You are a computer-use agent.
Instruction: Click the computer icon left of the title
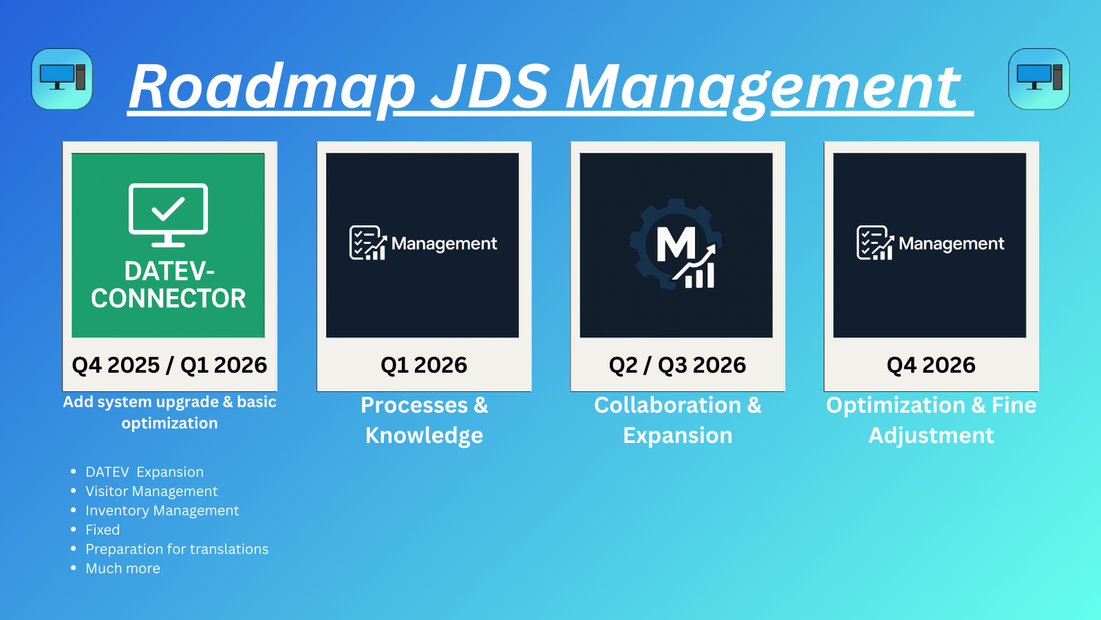pos(62,79)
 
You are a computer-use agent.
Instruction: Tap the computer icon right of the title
pos(1038,79)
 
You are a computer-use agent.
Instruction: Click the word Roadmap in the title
pos(272,87)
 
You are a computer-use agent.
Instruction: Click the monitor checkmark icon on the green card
pos(168,214)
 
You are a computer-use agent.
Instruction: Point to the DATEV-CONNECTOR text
pos(168,285)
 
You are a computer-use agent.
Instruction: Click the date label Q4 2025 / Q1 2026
pos(169,364)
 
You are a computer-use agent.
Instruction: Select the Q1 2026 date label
pos(424,364)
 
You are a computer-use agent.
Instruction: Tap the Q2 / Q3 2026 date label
pos(677,364)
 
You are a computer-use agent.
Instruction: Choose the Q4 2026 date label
pos(931,364)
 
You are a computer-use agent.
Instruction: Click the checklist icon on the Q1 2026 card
pos(367,243)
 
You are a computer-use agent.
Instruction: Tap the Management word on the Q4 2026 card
pos(951,243)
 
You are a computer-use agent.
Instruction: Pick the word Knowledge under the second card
pos(424,435)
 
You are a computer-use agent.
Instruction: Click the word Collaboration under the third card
pos(667,405)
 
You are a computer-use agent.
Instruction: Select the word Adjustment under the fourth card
pos(931,435)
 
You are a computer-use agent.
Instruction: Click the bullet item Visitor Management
pos(151,491)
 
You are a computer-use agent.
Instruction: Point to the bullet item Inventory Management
pos(162,510)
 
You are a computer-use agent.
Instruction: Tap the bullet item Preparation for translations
pos(177,549)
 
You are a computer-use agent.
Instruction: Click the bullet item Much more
pos(122,568)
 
